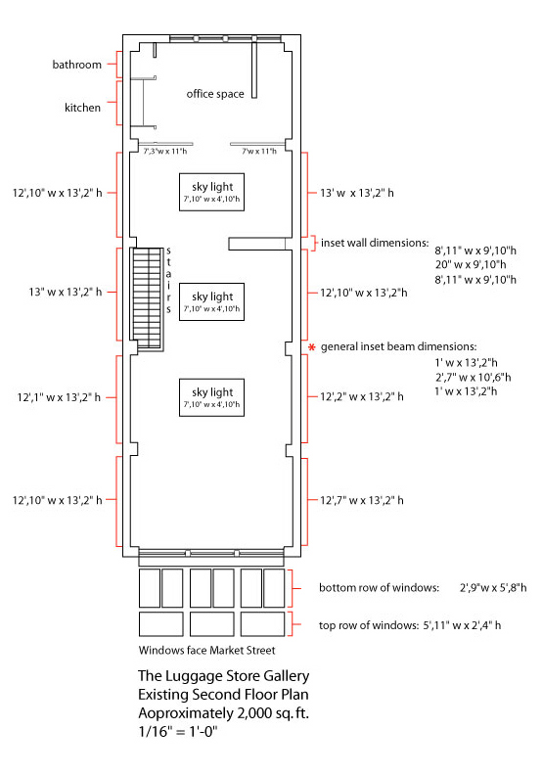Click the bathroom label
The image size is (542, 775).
pyautogui.click(x=76, y=65)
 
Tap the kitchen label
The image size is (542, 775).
pyautogui.click(x=82, y=108)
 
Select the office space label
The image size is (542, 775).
pyautogui.click(x=215, y=94)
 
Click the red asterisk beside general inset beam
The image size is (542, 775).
pyautogui.click(x=311, y=347)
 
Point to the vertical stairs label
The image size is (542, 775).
pyautogui.click(x=168, y=280)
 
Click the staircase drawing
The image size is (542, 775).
pyautogui.click(x=147, y=299)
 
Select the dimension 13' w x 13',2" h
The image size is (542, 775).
pyautogui.click(x=357, y=193)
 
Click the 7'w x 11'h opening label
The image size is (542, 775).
pyautogui.click(x=259, y=151)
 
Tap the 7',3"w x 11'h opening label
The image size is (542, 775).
pyautogui.click(x=165, y=151)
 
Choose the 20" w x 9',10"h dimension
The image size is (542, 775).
pyautogui.click(x=471, y=264)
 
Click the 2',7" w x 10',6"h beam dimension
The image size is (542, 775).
pyautogui.click(x=473, y=378)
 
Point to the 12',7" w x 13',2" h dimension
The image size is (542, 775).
pyautogui.click(x=362, y=500)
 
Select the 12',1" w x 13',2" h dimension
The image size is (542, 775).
pyautogui.click(x=59, y=397)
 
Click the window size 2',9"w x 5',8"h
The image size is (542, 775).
pyautogui.click(x=493, y=588)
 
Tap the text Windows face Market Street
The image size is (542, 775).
pyautogui.click(x=206, y=650)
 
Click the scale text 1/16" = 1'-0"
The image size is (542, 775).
pyautogui.click(x=178, y=732)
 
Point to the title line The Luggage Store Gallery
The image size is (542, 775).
pyautogui.click(x=224, y=675)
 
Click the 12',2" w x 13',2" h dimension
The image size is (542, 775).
pyautogui.click(x=362, y=396)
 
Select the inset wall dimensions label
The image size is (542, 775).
pyautogui.click(x=375, y=243)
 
